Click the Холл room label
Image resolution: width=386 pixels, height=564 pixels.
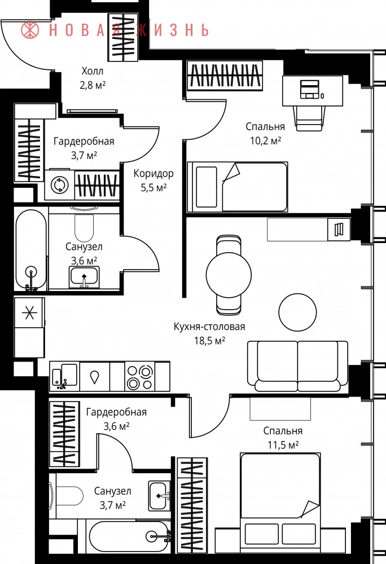93,71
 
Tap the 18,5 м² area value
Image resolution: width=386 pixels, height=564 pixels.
210,340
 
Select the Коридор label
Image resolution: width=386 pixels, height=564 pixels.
153,173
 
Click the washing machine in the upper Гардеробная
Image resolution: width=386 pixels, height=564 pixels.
59,185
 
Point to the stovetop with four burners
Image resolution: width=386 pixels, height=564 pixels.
140,376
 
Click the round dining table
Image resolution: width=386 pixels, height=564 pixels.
229,275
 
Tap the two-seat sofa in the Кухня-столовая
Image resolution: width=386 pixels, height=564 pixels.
297,366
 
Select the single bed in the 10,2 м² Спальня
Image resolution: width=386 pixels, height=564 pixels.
238,187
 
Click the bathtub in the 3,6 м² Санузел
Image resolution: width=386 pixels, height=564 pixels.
31,250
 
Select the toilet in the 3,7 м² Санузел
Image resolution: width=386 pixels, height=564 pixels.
67,496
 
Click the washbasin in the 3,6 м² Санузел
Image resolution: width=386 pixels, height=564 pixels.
84,276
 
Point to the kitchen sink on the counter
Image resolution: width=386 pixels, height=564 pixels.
65,376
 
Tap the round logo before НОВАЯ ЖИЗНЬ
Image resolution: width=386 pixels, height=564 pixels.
30,30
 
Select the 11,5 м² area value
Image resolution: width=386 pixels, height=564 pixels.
283,445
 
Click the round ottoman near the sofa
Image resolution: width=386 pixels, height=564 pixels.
297,312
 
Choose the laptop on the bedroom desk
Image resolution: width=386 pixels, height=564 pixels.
310,89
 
